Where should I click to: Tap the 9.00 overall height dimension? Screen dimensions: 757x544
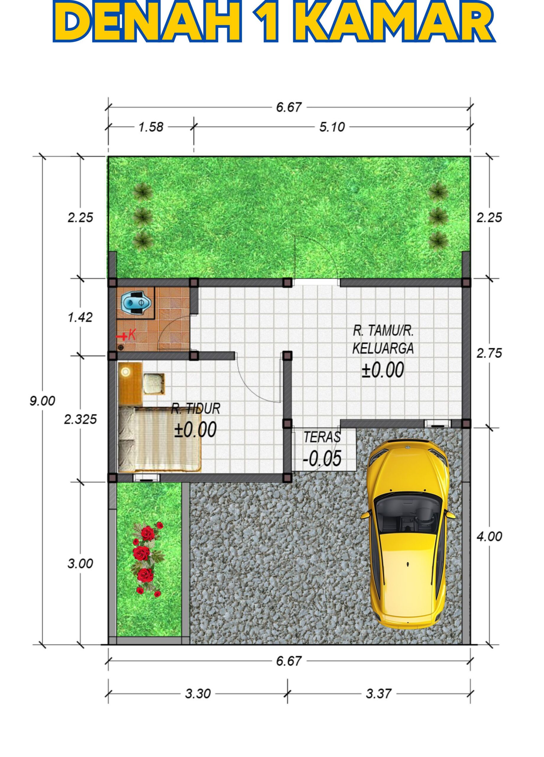42,401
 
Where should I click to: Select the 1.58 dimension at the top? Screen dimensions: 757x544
151,127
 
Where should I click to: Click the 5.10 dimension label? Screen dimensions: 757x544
332,127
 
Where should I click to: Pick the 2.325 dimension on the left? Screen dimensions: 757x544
80,419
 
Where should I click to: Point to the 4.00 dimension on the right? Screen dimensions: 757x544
489,536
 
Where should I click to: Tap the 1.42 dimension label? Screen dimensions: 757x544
80,317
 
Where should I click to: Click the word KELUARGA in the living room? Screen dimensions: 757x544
383,349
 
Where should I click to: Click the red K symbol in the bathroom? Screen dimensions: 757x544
132,335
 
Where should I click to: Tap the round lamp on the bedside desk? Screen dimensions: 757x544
125,371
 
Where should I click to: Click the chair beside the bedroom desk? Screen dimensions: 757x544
154,384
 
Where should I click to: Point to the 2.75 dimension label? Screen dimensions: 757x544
489,353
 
